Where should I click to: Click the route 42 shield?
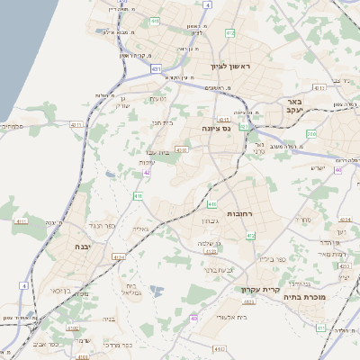point(146,172)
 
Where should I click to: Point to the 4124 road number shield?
point(119,257)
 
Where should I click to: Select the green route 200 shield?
point(310,133)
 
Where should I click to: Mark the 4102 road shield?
point(84,356)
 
